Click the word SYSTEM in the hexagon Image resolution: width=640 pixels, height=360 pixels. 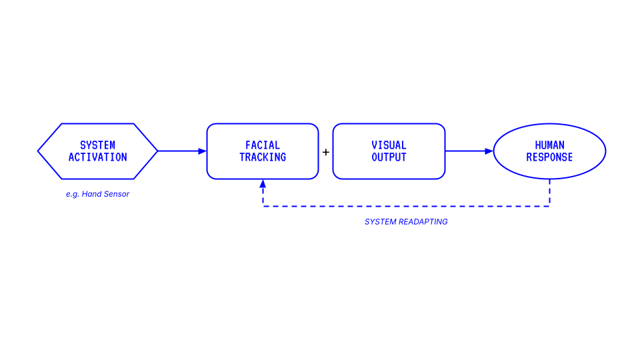[x=97, y=145]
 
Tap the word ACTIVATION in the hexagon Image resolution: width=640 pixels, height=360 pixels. [x=97, y=157]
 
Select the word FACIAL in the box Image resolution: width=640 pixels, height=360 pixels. [x=263, y=145]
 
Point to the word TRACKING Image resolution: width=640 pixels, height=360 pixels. [x=263, y=157]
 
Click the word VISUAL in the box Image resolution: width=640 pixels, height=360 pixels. [x=389, y=145]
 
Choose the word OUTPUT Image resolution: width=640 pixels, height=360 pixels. [x=389, y=157]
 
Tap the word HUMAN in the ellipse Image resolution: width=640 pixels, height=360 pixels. [x=549, y=145]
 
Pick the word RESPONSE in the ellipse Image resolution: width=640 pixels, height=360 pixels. [x=549, y=157]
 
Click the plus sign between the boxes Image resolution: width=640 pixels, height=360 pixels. [x=325, y=152]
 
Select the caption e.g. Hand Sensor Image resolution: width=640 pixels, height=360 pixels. [x=97, y=194]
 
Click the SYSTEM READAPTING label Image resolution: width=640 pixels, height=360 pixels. [x=406, y=222]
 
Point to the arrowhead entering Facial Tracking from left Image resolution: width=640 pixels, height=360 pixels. [x=202, y=151]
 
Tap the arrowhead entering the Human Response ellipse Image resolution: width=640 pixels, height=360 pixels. [x=489, y=151]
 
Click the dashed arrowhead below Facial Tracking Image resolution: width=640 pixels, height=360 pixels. [x=263, y=183]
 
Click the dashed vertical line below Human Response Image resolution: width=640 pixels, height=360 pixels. [x=549, y=193]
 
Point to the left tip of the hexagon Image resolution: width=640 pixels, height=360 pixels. [x=39, y=151]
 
